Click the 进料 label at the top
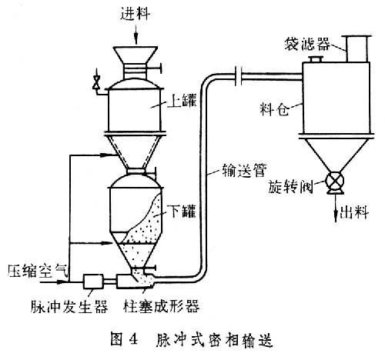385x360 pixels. (136, 14)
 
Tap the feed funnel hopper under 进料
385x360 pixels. (136, 55)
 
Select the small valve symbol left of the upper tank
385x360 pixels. (96, 82)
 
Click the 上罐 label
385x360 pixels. (182, 101)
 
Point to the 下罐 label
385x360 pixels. (183, 212)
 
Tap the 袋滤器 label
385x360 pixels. (307, 44)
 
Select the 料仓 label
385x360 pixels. (274, 109)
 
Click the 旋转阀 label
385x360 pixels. (290, 186)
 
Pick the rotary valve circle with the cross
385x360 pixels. (334, 180)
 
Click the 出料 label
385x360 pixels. (354, 212)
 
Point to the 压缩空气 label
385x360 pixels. (38, 271)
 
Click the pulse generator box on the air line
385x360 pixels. (93, 282)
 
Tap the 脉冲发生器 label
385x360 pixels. (69, 306)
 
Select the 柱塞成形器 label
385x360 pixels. (161, 306)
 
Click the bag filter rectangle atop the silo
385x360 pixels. (357, 49)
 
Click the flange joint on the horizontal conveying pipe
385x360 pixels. (239, 76)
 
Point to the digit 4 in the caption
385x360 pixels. (133, 339)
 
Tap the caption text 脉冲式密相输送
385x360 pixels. (214, 340)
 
